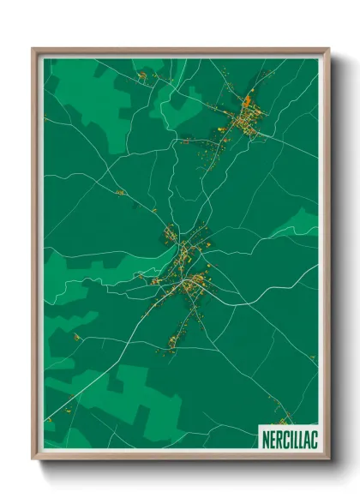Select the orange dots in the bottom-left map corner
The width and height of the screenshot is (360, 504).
point(49,419)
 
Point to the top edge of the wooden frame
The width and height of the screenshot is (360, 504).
point(180,51)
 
